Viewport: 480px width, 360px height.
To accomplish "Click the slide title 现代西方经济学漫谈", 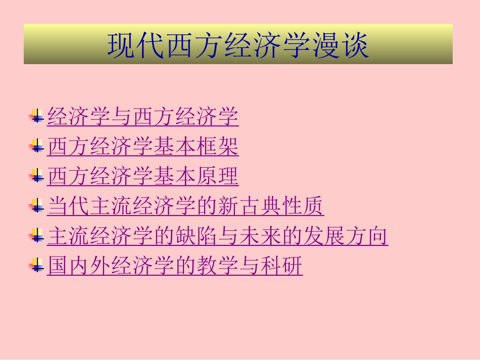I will [238, 45].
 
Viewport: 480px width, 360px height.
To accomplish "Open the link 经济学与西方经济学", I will [142, 117].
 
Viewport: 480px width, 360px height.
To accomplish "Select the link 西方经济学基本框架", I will [142, 147].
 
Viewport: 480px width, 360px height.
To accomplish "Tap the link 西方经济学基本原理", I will [142, 177].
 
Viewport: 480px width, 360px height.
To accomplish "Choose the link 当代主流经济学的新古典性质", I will [185, 207].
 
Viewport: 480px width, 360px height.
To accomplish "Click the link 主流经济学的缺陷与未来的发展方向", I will [217, 236].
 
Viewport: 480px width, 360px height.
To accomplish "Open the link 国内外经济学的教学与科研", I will [175, 266].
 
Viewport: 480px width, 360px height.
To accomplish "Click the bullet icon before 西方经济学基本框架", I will [36, 147].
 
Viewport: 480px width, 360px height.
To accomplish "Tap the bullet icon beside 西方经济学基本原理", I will [36, 177].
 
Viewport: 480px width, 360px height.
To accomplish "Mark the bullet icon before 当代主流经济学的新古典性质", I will [36, 207].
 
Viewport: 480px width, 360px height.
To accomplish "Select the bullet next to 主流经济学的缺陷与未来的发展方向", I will [36, 237].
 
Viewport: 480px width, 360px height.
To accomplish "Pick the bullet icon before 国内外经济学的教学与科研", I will [36, 267].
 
